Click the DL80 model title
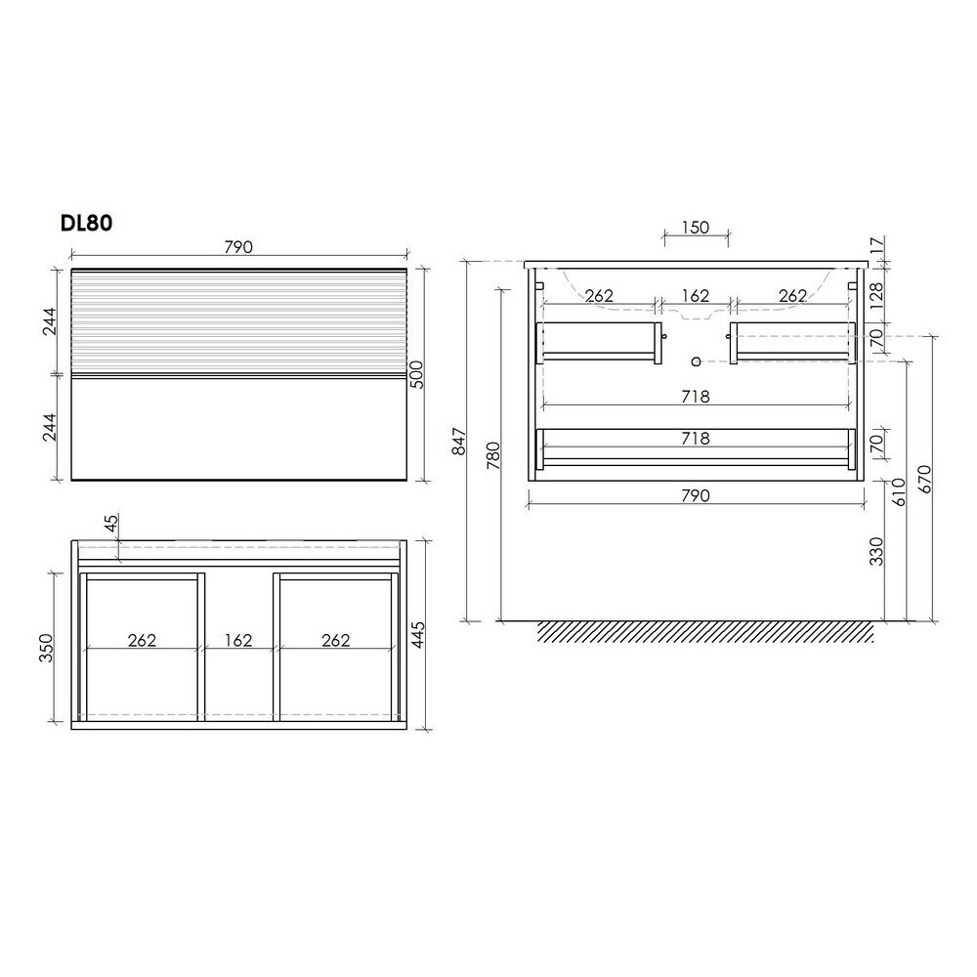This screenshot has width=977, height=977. pyautogui.click(x=86, y=223)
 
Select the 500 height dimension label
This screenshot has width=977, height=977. pyautogui.click(x=417, y=374)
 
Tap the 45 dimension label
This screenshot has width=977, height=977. pyautogui.click(x=110, y=524)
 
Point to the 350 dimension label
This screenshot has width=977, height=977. pyautogui.click(x=46, y=647)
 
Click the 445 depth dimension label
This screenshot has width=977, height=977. pyautogui.click(x=417, y=635)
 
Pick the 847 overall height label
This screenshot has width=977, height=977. pyautogui.click(x=459, y=442)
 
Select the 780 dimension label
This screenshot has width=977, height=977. pyautogui.click(x=492, y=455)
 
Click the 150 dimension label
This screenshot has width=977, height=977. pyautogui.click(x=695, y=228)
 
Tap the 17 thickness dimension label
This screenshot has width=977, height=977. pyautogui.click(x=876, y=246)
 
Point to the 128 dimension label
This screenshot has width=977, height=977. pyautogui.click(x=876, y=296)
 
